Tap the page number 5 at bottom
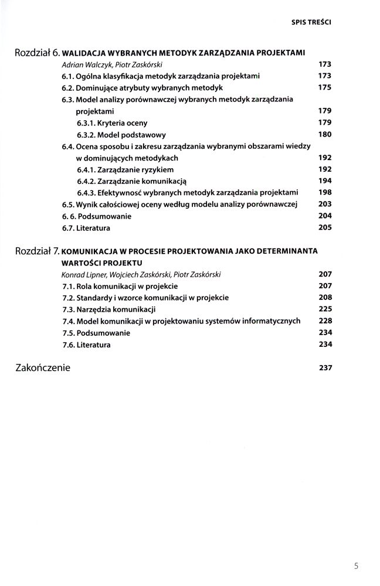click(357, 566)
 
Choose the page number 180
click(325, 134)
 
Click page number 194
click(325, 181)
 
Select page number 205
click(325, 227)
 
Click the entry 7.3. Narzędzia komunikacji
click(108, 309)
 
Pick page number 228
click(325, 321)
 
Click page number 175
click(325, 88)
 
